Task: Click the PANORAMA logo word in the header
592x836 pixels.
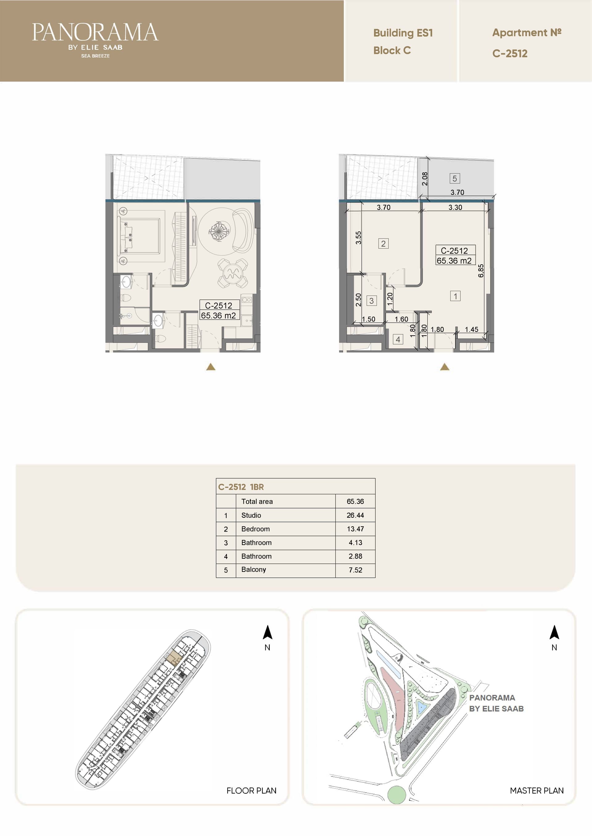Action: click(x=95, y=32)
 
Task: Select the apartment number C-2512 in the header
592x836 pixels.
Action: click(x=510, y=54)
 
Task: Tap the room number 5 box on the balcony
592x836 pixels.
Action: click(x=454, y=178)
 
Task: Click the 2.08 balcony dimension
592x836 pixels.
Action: click(x=425, y=178)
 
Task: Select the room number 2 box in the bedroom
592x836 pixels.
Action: click(x=383, y=244)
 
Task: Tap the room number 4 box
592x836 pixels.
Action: click(x=398, y=340)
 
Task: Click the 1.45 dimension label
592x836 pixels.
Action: click(x=471, y=329)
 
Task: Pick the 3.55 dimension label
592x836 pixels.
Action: click(x=358, y=238)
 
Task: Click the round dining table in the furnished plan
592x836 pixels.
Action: click(x=232, y=273)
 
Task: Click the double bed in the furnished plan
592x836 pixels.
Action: click(x=139, y=236)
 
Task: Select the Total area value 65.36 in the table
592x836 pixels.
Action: click(x=355, y=501)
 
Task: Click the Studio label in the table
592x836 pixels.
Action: click(x=251, y=515)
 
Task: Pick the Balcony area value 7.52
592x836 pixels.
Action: click(x=355, y=570)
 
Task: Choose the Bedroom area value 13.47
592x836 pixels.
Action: click(x=355, y=529)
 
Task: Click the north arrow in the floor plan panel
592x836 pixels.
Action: click(x=268, y=632)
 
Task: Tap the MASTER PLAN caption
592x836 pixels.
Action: click(x=536, y=790)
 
